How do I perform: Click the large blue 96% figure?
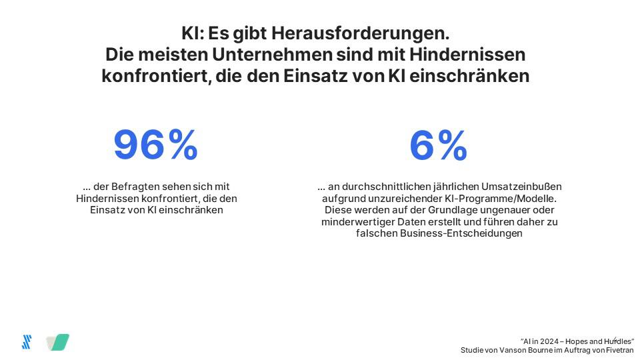pyautogui.click(x=155, y=145)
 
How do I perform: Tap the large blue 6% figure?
pyautogui.click(x=438, y=145)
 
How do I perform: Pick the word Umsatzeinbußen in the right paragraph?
pyautogui.click(x=527, y=187)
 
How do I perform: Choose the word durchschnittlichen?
pyautogui.click(x=391, y=187)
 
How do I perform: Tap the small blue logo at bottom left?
pyautogui.click(x=27, y=342)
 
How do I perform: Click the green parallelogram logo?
pyautogui.click(x=59, y=342)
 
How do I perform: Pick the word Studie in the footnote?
pyautogui.click(x=473, y=350)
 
